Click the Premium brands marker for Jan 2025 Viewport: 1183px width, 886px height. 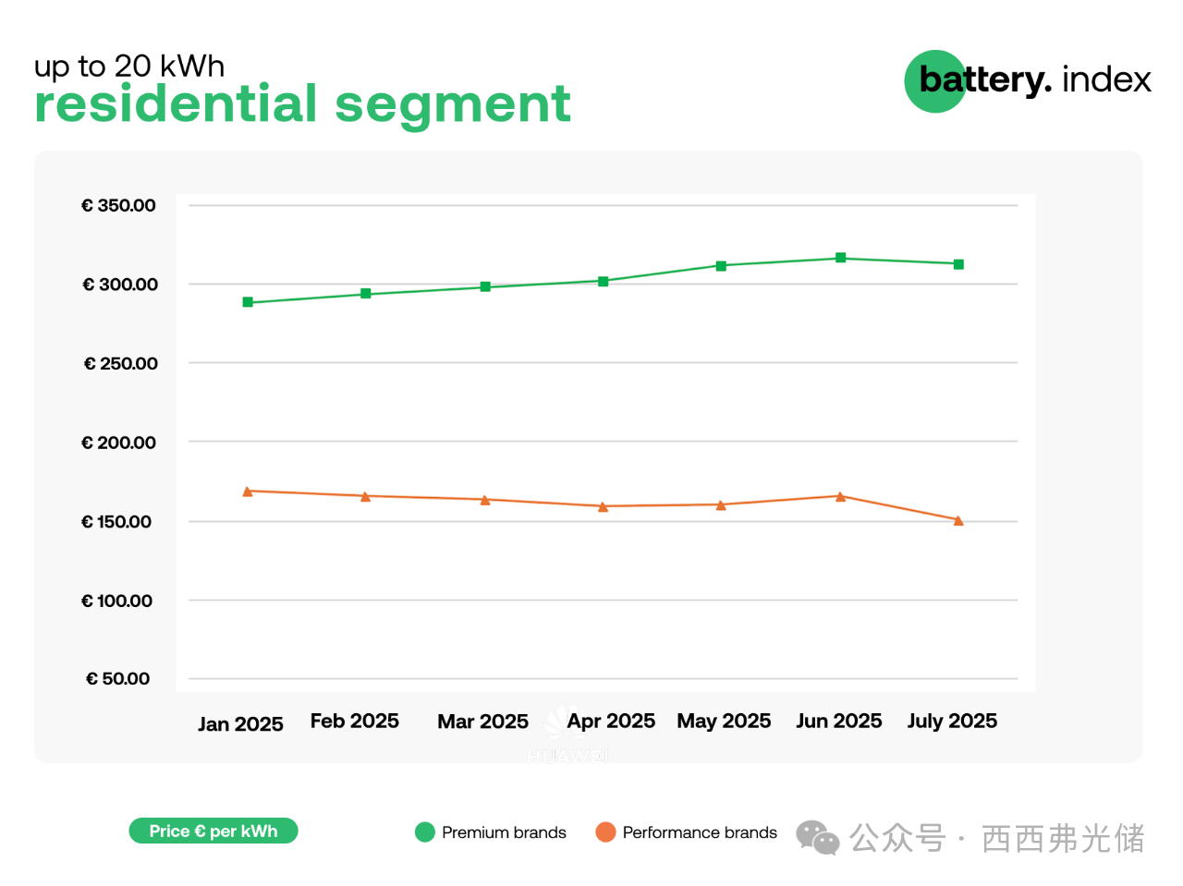pos(248,302)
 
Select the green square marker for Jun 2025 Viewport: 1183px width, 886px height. pos(841,258)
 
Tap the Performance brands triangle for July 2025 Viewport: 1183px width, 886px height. pos(958,521)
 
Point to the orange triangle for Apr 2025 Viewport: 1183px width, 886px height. pos(604,506)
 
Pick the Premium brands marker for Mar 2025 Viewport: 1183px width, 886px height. pos(485,286)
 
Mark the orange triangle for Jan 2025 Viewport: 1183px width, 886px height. pos(248,492)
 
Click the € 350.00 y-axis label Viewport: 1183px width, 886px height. pos(118,205)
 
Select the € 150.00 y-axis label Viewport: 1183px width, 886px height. pos(116,522)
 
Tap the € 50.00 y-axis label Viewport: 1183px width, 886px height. pos(117,679)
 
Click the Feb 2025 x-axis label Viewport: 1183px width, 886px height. pos(355,721)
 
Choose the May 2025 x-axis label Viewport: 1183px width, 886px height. pos(724,721)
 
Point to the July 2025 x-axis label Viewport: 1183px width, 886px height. pos(952,721)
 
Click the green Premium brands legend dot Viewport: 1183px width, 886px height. pos(425,832)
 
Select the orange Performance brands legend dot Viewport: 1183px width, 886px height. pos(605,832)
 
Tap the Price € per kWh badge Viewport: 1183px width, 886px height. pos(213,831)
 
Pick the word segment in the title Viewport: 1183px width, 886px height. pos(452,105)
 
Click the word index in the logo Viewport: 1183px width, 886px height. pos(1106,79)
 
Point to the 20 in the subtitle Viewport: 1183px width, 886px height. pos(133,66)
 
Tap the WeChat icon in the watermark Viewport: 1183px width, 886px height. pos(817,837)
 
